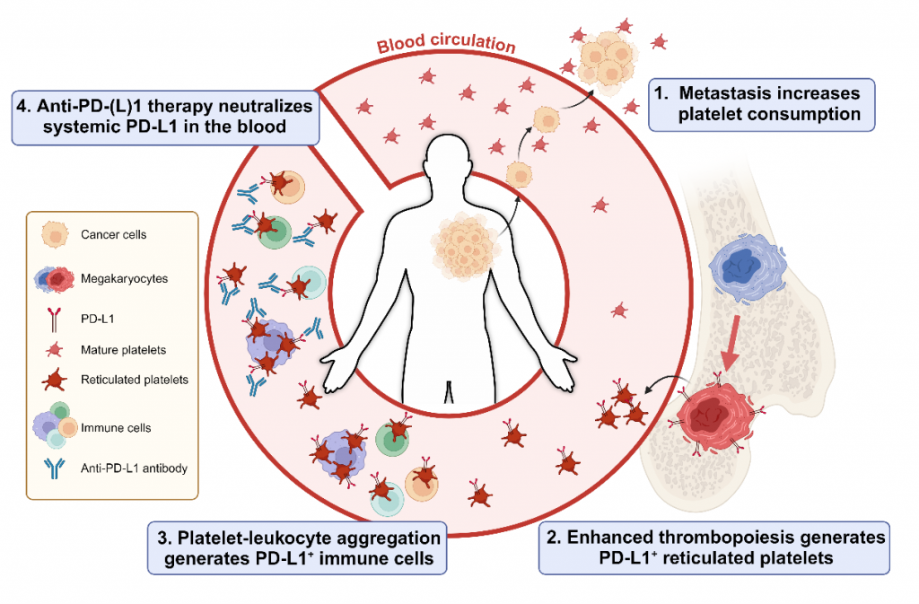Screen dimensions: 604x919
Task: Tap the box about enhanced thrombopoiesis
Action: coord(713,547)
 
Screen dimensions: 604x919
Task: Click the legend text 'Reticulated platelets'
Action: coord(147,380)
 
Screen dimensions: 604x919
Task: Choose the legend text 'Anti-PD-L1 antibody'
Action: coord(147,467)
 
